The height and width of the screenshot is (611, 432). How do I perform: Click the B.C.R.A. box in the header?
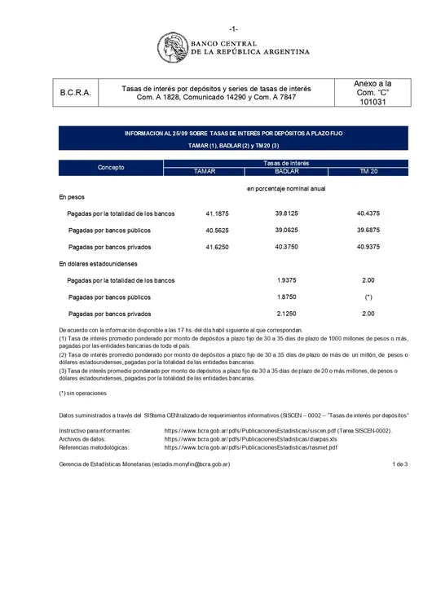[x=76, y=94]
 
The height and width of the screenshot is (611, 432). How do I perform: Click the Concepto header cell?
[x=111, y=167]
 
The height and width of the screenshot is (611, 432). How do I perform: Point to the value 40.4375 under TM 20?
[x=368, y=213]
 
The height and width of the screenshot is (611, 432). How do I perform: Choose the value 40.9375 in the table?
[x=368, y=247]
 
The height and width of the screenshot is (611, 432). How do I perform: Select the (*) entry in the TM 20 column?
[x=368, y=297]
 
